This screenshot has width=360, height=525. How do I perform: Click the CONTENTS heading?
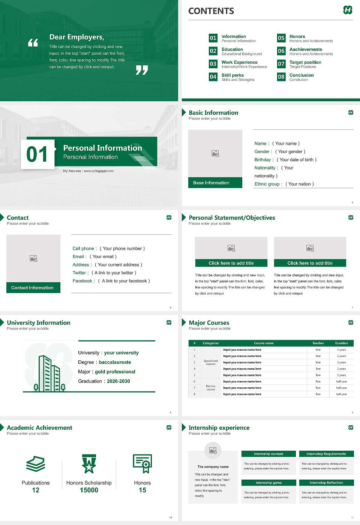[211, 11]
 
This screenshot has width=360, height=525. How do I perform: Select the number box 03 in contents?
[213, 64]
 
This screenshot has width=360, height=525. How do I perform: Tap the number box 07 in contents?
[281, 64]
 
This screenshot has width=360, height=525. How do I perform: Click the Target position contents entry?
[305, 62]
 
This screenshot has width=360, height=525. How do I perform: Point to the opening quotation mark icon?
[33, 43]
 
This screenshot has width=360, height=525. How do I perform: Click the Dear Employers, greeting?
[76, 37]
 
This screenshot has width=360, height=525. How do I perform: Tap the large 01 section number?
[37, 154]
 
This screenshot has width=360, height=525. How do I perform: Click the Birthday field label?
[262, 160]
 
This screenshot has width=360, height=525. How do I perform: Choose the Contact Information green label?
[33, 288]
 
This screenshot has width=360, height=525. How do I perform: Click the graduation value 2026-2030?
[118, 381]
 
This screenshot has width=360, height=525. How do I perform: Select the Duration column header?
[341, 343]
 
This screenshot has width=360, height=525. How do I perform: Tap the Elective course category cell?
[211, 388]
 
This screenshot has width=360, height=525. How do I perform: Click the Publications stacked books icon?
[36, 464]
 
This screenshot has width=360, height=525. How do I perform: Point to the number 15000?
[89, 490]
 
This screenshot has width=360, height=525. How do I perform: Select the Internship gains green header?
[268, 483]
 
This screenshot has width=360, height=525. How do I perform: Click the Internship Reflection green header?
[326, 483]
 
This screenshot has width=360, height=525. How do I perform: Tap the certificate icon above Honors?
[142, 463]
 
